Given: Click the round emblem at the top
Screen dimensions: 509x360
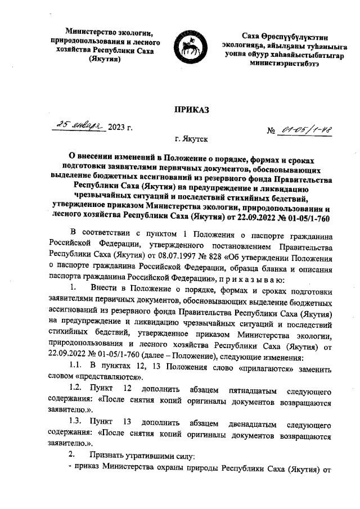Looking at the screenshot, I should (x=190, y=51).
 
